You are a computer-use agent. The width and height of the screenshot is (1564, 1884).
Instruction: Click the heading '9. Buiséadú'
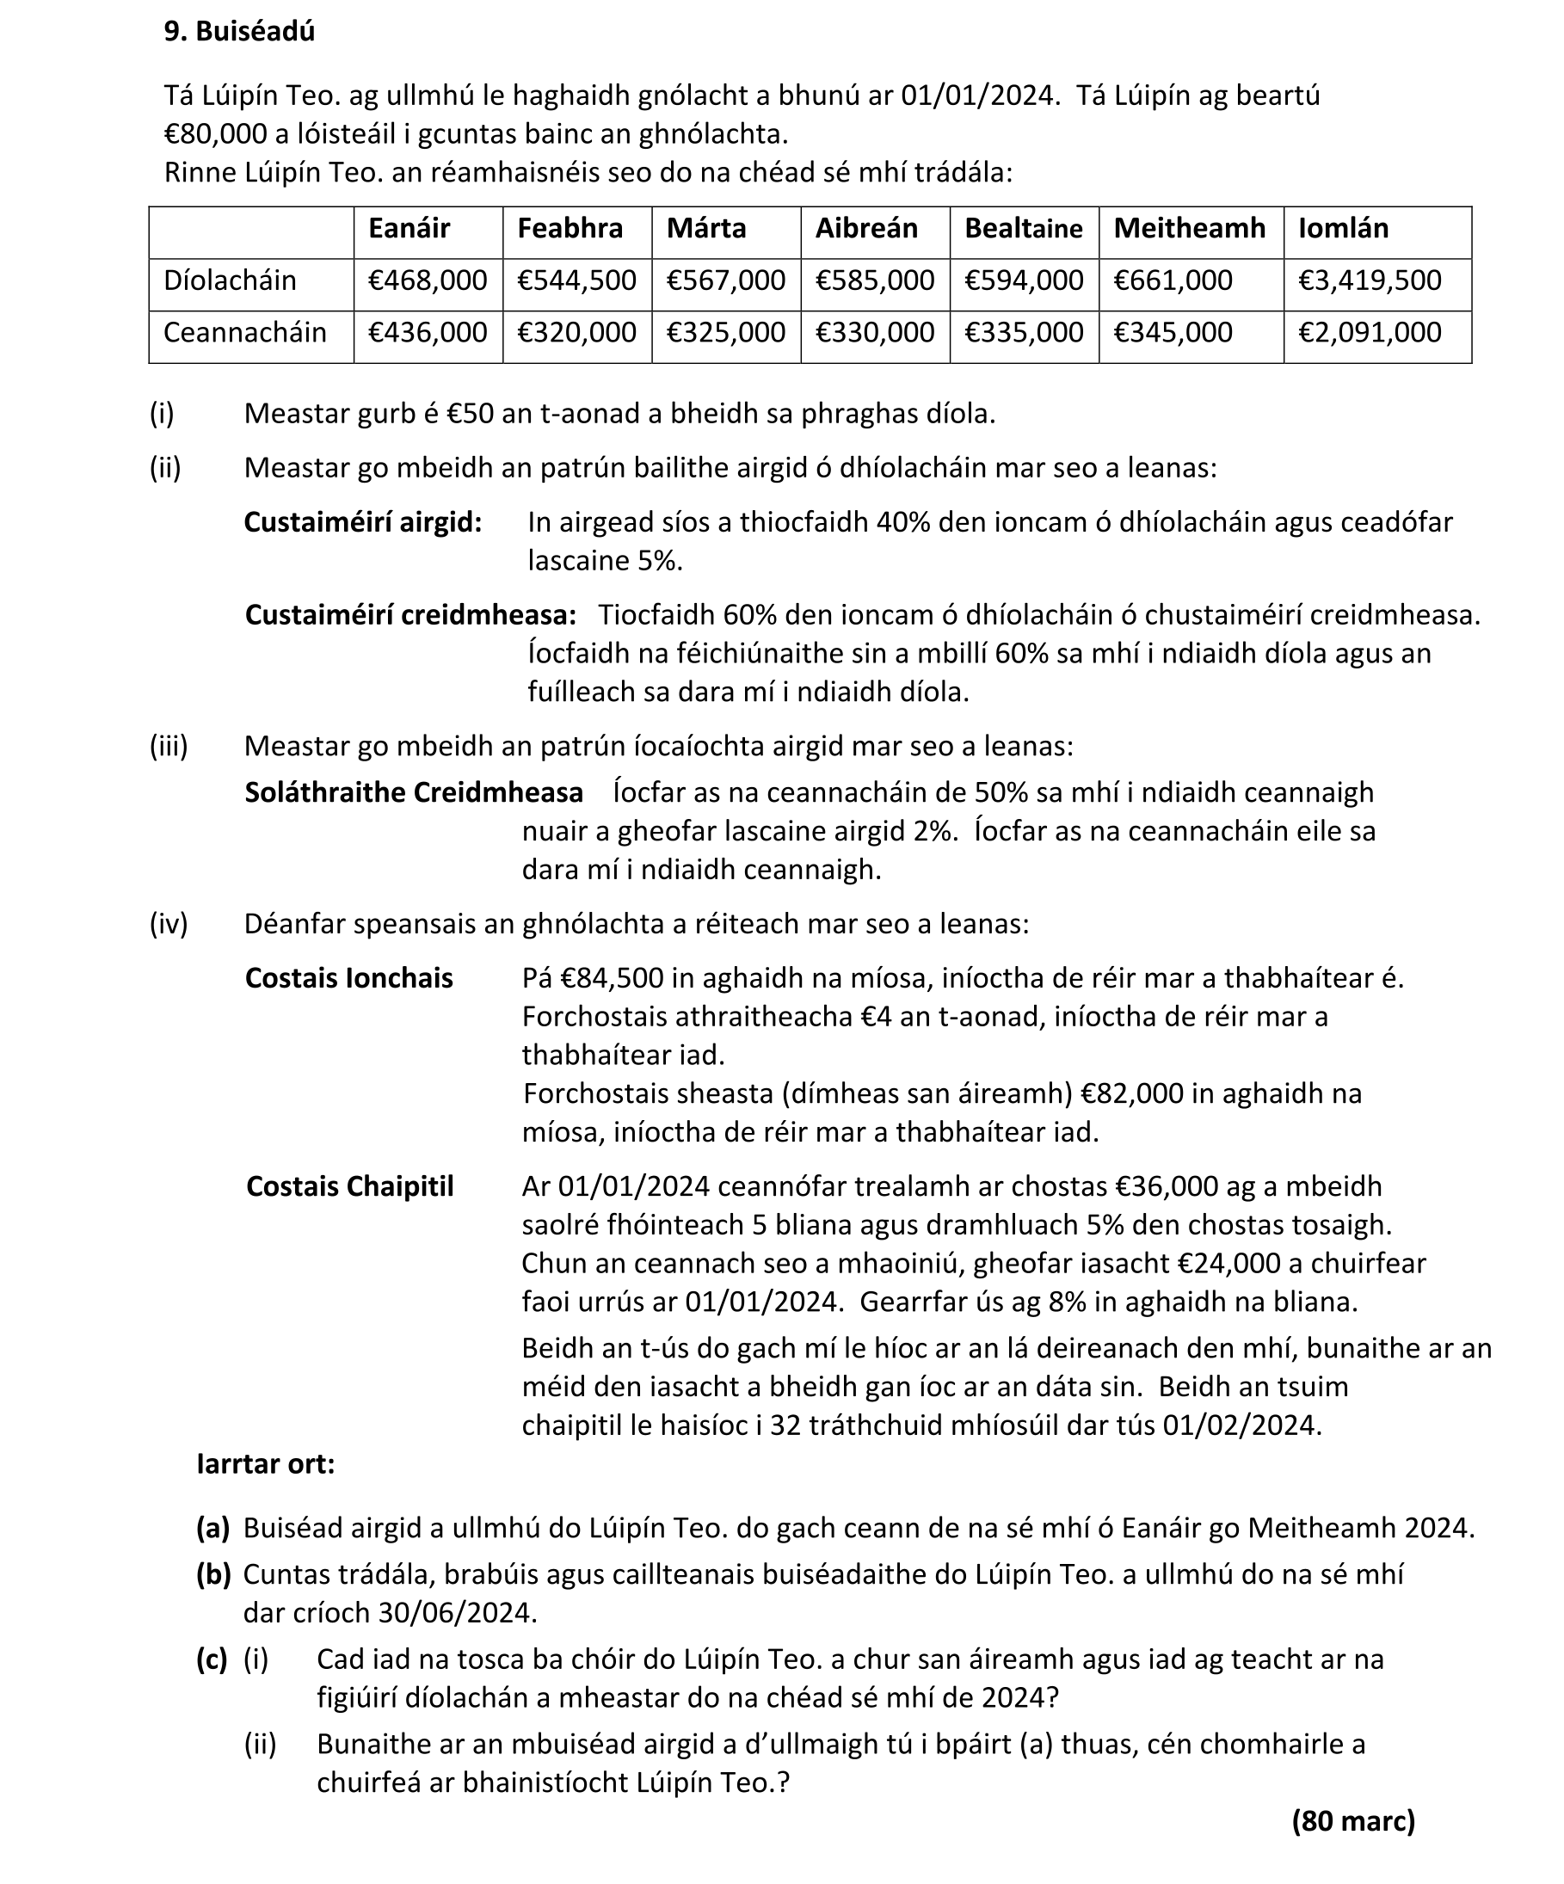[x=238, y=31]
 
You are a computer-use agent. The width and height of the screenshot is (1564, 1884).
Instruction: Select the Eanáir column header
[x=409, y=229]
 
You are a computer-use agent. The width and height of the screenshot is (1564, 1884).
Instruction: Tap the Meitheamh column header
[x=1189, y=229]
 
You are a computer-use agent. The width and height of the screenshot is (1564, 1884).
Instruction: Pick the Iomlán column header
[x=1342, y=229]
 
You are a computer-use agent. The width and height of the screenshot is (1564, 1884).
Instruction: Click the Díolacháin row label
[x=230, y=280]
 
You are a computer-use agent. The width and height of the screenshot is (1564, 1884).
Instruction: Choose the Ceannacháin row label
[x=244, y=333]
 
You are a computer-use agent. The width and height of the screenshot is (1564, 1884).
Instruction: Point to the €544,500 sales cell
[x=576, y=280]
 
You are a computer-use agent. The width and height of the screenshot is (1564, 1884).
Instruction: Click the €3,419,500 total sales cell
[x=1370, y=280]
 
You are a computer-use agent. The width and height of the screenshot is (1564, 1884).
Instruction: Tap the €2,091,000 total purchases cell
[x=1370, y=333]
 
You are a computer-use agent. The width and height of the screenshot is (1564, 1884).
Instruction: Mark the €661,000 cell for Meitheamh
[x=1173, y=280]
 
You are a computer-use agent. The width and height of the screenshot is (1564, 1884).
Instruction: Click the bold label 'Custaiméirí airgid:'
[x=362, y=522]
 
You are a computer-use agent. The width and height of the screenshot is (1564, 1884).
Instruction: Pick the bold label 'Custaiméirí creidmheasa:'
[x=410, y=615]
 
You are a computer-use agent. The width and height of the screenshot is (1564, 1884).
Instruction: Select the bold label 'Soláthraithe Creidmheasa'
[x=414, y=793]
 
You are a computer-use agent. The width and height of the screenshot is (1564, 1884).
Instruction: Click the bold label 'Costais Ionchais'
[x=349, y=978]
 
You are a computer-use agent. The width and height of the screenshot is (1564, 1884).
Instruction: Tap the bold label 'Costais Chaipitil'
[x=350, y=1187]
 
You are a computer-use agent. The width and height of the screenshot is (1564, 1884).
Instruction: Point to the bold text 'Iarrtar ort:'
[x=266, y=1464]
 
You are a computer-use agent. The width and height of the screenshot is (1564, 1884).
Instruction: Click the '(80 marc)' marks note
[x=1353, y=1821]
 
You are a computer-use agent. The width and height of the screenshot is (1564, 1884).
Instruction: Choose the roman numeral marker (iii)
[x=169, y=747]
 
